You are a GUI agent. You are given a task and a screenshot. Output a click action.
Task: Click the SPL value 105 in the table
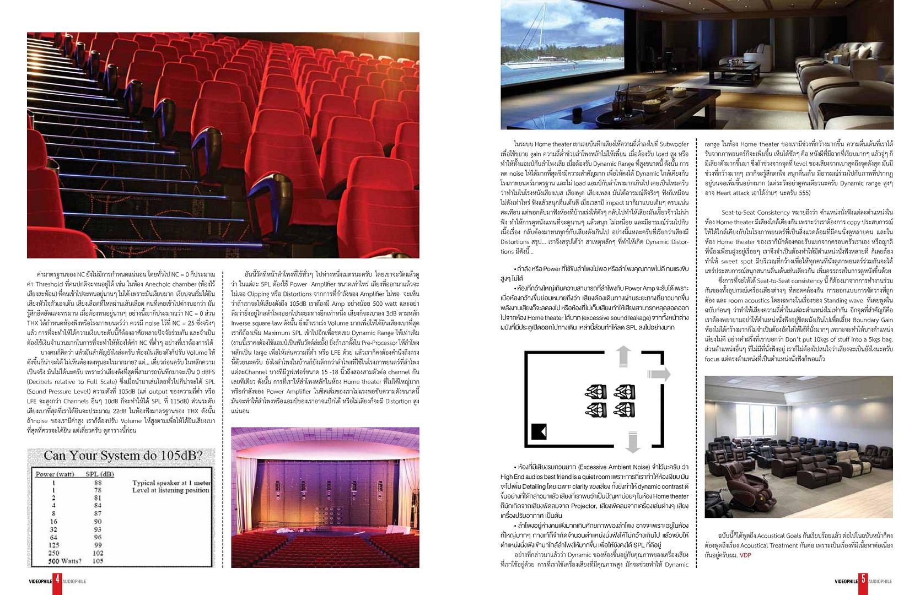(x=98, y=561)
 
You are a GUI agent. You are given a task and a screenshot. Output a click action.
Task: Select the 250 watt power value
(x=53, y=553)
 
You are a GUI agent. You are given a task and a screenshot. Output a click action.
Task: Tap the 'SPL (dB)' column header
(x=100, y=474)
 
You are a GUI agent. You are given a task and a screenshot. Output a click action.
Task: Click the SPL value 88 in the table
(x=98, y=483)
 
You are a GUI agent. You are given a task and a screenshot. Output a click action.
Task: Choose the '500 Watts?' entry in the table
(x=64, y=561)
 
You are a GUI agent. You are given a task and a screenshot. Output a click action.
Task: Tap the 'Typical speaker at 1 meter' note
(x=171, y=483)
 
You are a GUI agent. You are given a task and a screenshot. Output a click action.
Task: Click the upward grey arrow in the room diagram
(x=623, y=356)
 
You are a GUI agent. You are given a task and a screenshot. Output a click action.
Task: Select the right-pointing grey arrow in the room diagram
(x=659, y=374)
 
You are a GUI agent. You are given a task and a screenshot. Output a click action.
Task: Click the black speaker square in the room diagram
(x=539, y=431)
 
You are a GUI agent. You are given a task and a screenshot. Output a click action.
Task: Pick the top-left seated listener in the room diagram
(x=595, y=392)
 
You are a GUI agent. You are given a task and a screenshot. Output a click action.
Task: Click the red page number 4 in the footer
(x=57, y=581)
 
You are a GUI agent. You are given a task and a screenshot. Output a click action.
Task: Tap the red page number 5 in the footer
(x=863, y=581)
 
